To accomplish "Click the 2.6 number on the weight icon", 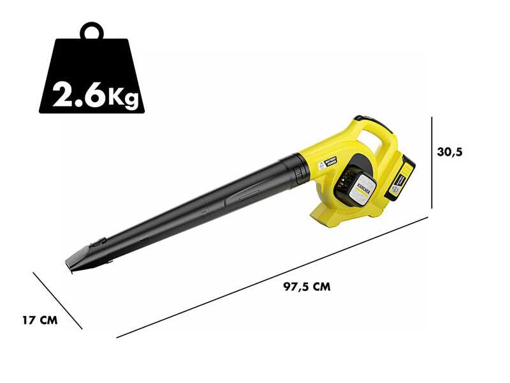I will (78, 94).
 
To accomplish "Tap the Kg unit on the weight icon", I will (122, 96).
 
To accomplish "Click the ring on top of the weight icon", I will (91, 30).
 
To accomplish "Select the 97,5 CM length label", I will (307, 287).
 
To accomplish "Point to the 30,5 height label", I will (449, 152).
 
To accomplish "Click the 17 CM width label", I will (40, 320).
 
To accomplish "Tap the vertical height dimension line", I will (432, 163).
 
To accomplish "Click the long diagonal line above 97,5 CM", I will (274, 276).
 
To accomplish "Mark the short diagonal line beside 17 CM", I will (58, 301).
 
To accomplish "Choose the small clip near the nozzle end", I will (98, 242).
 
